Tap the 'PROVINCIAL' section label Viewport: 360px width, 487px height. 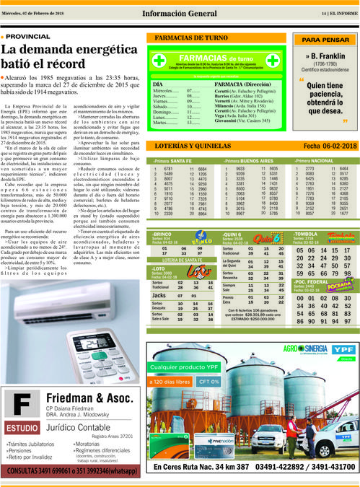[28, 35]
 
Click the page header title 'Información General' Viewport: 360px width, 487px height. [179, 12]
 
